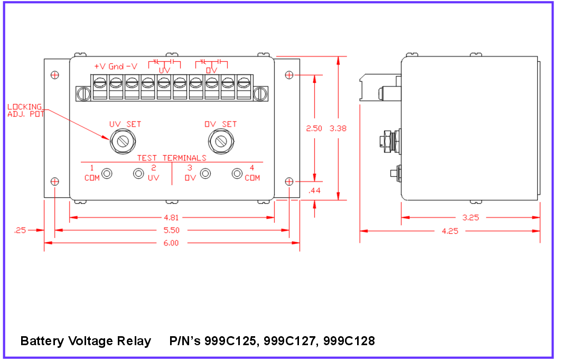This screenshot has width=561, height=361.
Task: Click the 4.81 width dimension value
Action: [172, 217]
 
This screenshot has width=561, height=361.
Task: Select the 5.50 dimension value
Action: [172, 230]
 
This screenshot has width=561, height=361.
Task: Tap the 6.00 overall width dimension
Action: [172, 243]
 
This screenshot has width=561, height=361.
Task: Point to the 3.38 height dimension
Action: [338, 128]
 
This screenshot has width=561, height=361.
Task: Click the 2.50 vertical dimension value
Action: [314, 128]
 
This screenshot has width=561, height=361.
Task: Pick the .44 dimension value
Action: [314, 190]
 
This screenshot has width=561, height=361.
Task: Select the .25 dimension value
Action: [21, 230]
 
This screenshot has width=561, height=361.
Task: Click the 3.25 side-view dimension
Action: [471, 217]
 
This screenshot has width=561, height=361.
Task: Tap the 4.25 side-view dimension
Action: [450, 231]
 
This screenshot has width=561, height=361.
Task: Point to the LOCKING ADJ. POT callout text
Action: [26, 110]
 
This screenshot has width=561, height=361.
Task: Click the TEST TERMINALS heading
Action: [172, 158]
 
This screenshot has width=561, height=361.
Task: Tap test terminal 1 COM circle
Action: [107, 173]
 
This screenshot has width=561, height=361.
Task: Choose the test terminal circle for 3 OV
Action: [205, 173]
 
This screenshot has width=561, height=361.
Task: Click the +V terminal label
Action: [100, 66]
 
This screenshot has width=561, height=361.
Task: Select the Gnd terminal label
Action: [116, 66]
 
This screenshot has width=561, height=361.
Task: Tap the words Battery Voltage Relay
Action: [86, 341]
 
